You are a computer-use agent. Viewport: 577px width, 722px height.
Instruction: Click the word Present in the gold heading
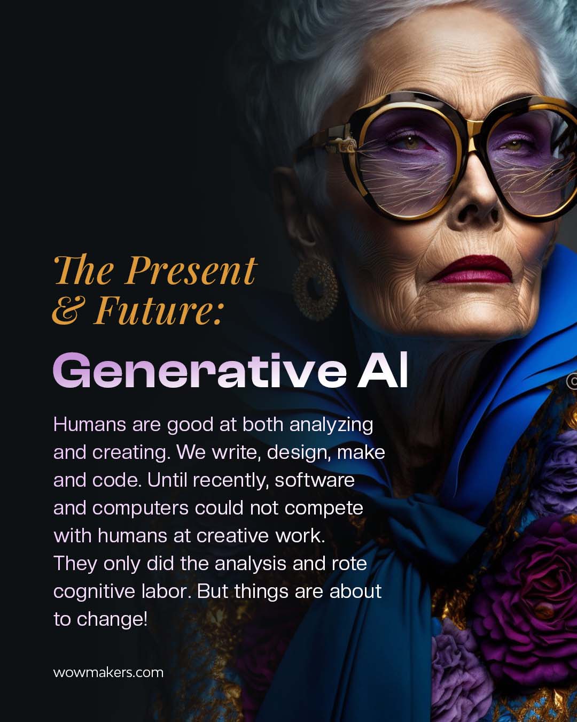click(x=191, y=271)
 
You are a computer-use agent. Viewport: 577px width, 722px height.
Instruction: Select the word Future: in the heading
click(x=158, y=311)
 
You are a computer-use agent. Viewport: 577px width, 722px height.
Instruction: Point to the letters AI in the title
click(x=383, y=370)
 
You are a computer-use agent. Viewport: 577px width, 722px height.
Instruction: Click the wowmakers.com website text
click(x=108, y=672)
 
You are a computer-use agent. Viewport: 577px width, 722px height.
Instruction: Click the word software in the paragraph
click(x=315, y=480)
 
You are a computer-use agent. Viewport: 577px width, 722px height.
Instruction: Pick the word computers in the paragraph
click(x=141, y=508)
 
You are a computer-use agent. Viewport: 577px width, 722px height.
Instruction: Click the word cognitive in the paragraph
click(x=95, y=592)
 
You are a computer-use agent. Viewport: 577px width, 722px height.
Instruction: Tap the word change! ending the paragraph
click(x=112, y=619)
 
